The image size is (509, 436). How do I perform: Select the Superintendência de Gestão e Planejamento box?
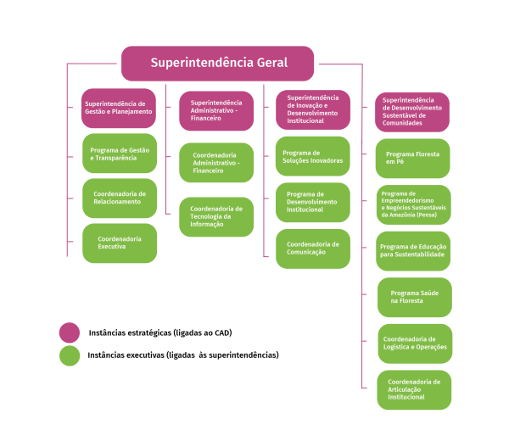click(x=119, y=109)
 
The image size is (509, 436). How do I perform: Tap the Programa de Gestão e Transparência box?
click(x=120, y=154)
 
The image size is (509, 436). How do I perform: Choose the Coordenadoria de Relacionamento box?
click(x=120, y=198)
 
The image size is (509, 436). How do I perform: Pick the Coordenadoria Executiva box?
click(x=120, y=243)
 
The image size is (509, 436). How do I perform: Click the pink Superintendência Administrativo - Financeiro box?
click(x=216, y=111)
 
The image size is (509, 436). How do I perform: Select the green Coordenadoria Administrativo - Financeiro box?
click(x=216, y=163)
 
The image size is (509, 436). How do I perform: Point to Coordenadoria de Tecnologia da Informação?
click(x=216, y=217)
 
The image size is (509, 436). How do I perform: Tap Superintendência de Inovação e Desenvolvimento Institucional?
click(x=313, y=109)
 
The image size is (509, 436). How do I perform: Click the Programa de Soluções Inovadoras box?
click(x=313, y=156)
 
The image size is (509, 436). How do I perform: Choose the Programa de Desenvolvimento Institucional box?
click(x=313, y=202)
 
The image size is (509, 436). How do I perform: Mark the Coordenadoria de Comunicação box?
click(x=313, y=249)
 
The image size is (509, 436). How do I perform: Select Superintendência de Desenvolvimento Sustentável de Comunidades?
click(x=412, y=112)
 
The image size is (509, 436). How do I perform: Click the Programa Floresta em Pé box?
click(x=412, y=159)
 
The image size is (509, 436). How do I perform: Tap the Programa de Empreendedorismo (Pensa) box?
click(x=414, y=204)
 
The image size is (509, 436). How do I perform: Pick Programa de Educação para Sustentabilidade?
click(x=414, y=250)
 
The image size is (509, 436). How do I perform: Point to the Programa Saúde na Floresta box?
click(x=415, y=297)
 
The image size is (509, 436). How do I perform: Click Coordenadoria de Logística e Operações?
click(x=415, y=344)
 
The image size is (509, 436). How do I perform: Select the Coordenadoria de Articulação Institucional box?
click(x=415, y=389)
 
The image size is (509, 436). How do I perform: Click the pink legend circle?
click(x=70, y=333)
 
